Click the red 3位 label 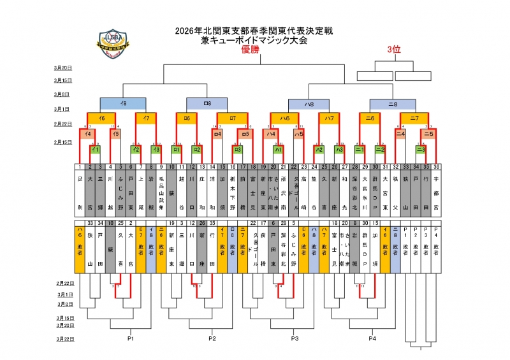coord(393,50)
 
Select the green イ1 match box coord(95,149)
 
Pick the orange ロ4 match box coord(217,134)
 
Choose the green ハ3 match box coord(340,149)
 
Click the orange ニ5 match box coord(428,134)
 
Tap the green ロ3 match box coord(238,149)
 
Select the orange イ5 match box coord(115,134)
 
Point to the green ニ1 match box coord(360,149)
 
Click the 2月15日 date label coord(62,142)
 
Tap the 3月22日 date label coord(62,338)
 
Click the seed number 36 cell coord(436,167)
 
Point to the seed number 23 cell coord(303,167)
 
